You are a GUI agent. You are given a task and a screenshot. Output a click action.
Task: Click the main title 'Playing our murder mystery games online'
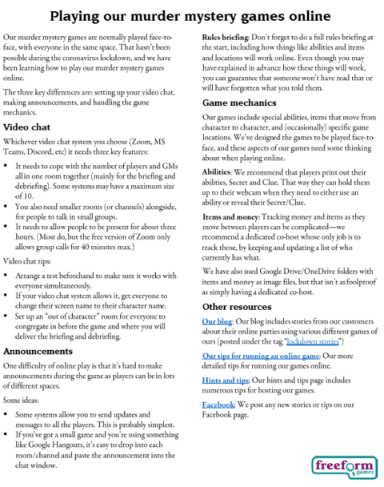[192, 16]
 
